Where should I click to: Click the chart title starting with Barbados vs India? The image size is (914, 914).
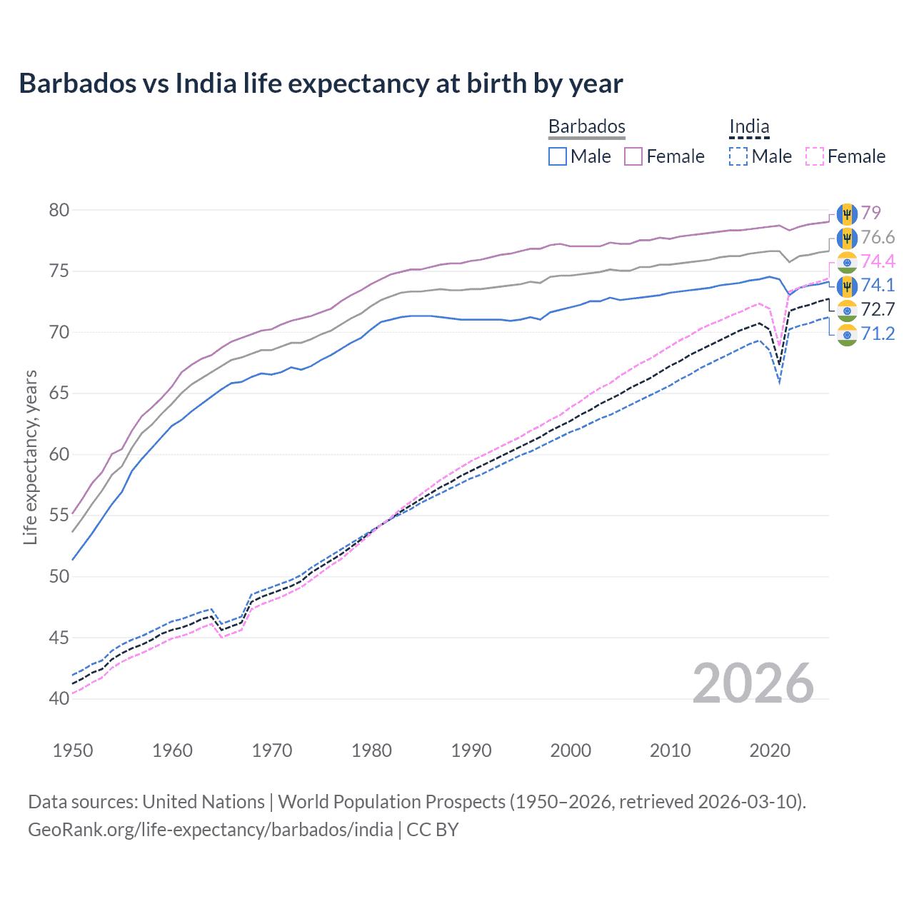321,84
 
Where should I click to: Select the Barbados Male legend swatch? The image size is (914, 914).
558,156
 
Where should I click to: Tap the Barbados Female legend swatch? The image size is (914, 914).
633,156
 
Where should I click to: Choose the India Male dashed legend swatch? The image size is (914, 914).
738,156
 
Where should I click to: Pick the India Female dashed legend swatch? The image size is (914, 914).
815,156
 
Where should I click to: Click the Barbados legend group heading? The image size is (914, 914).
586,126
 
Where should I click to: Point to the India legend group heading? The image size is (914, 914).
749,126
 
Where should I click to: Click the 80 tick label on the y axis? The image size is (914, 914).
59,210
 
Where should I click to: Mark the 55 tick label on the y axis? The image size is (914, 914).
59,515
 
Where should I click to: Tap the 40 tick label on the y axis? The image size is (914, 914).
59,698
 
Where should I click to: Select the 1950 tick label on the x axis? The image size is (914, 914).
73,750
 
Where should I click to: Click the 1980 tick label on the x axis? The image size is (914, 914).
371,750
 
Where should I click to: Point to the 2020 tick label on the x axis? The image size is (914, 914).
770,750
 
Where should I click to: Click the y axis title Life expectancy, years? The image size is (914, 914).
30,457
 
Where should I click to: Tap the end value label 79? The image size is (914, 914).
870,213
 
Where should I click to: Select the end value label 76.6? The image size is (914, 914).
878,237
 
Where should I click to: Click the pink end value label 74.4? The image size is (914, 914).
878,261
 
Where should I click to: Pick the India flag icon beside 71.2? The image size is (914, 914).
847,334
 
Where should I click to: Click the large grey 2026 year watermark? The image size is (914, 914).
753,683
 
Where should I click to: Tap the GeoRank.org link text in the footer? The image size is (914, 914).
211,830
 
